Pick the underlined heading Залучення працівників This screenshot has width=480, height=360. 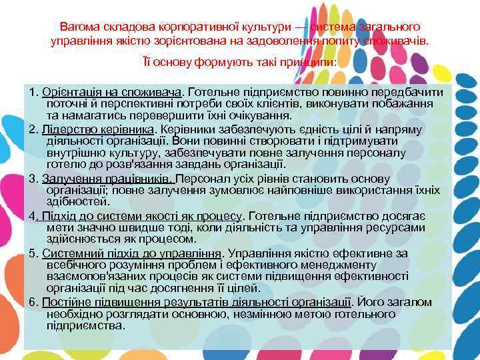(107, 179)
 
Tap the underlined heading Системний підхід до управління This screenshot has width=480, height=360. (131, 253)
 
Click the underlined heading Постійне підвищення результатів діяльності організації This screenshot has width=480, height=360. (197, 302)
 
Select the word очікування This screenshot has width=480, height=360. (223, 117)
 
